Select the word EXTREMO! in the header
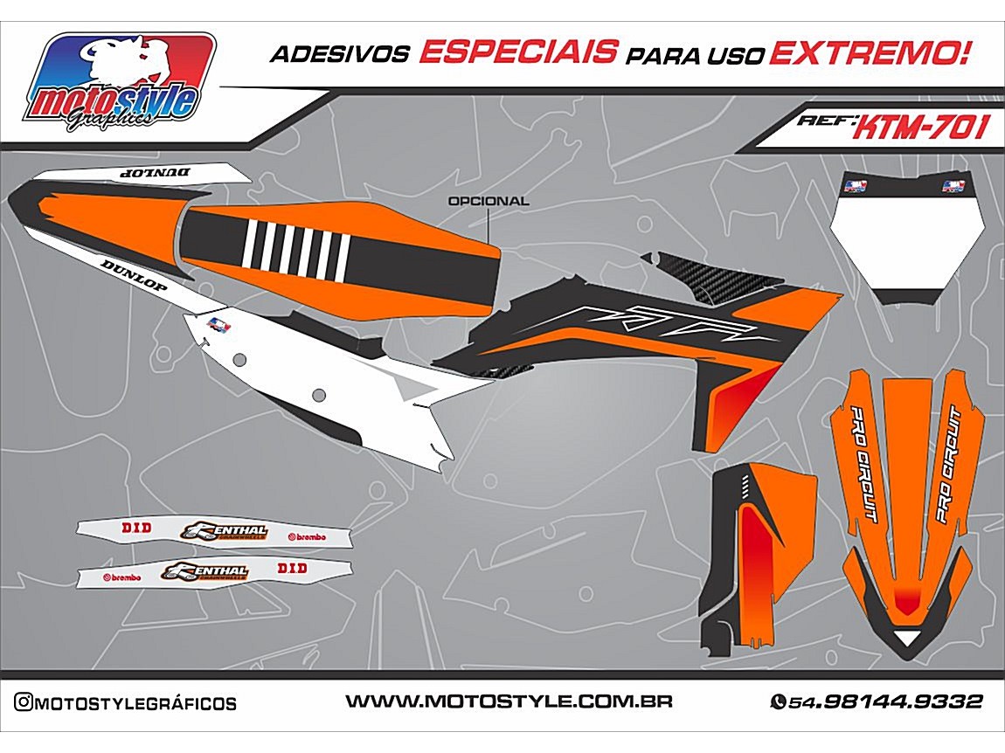pyautogui.click(x=870, y=53)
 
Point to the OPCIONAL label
pyautogui.click(x=488, y=201)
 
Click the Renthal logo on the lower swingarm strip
pyautogui.click(x=206, y=571)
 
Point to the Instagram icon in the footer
pyautogui.click(x=24, y=702)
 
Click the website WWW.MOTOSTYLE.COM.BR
pyautogui.click(x=508, y=701)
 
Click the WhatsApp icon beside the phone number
pyautogui.click(x=778, y=701)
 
